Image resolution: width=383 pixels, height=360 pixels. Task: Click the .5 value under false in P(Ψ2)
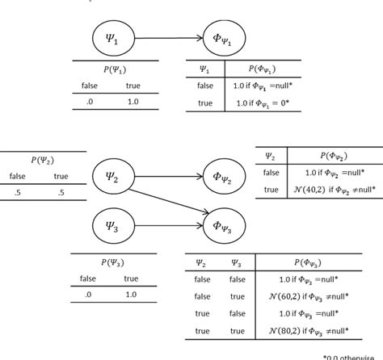click(16, 191)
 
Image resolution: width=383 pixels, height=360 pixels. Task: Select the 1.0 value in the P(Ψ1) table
click(130, 102)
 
